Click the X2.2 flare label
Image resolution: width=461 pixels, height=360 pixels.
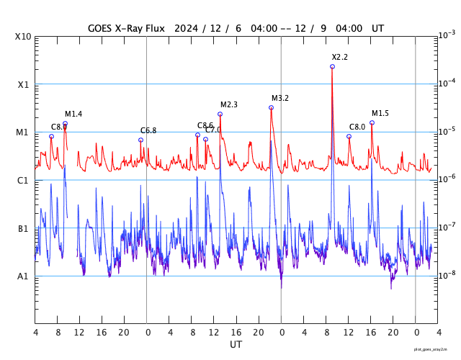click(340, 57)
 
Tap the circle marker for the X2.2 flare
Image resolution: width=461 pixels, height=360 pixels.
click(332, 66)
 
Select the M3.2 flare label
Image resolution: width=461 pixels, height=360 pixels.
click(280, 98)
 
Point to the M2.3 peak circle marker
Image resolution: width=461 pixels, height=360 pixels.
click(220, 114)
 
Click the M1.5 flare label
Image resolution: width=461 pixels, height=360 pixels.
click(380, 113)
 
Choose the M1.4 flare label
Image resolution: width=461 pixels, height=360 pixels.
click(73, 114)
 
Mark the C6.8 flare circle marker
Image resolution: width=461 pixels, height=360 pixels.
click(141, 140)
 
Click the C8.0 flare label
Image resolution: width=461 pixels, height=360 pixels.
click(357, 127)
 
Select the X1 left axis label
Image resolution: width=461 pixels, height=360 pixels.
click(23, 84)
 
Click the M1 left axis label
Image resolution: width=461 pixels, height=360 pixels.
click(23, 132)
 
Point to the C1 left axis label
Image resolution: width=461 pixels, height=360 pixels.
click(23, 180)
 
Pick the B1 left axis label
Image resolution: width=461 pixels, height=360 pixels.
click(23, 228)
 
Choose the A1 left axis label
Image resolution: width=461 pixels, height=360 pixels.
click(23, 276)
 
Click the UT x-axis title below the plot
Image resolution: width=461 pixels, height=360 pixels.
click(236, 345)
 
